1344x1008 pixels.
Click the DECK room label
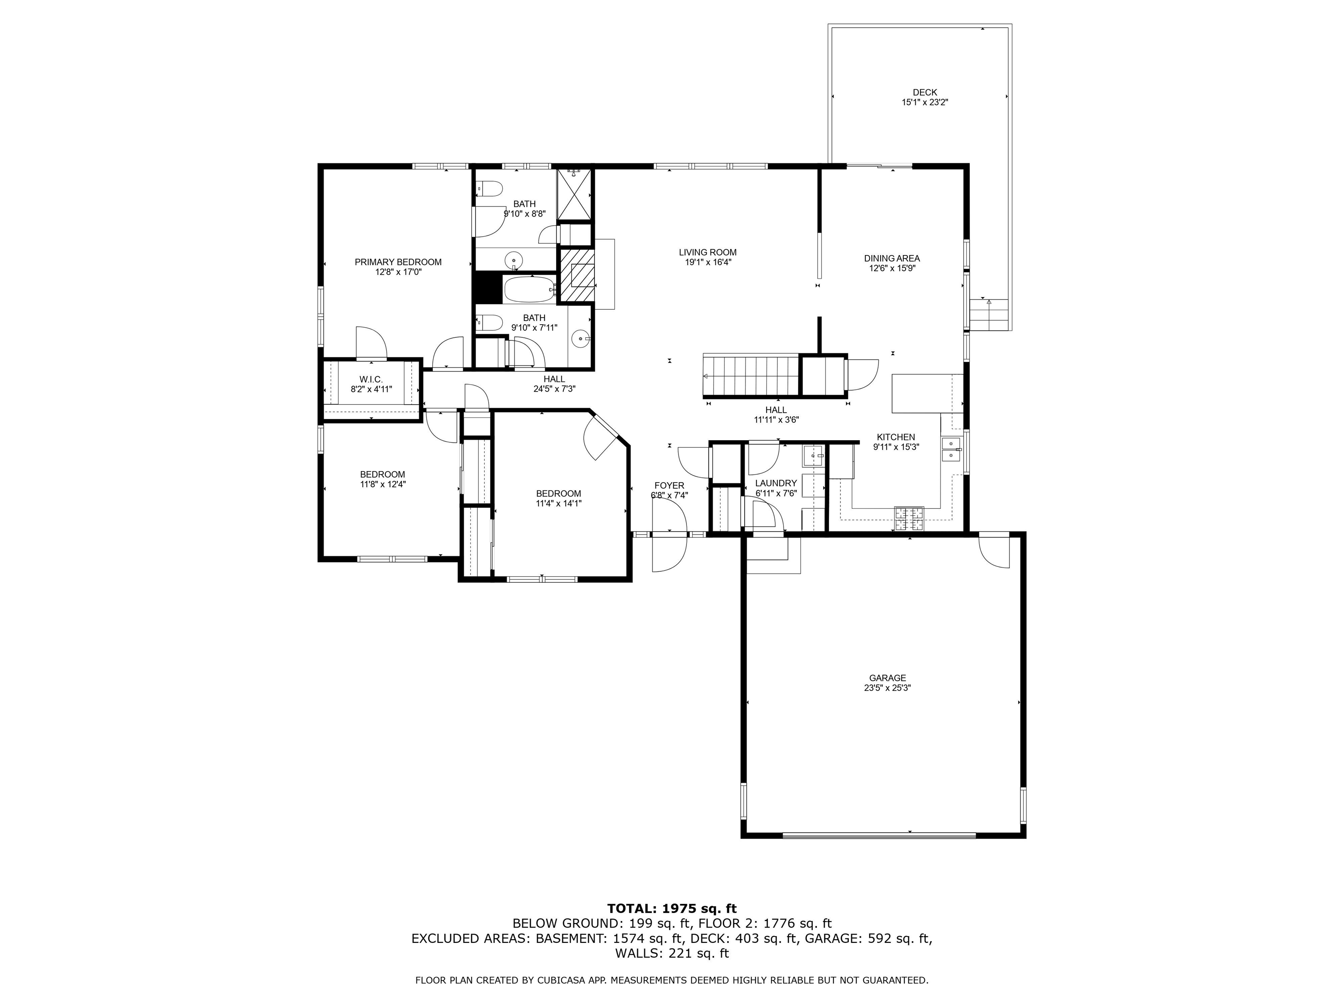pos(925,92)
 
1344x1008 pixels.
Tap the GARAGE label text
pos(887,678)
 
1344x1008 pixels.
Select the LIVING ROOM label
pos(708,252)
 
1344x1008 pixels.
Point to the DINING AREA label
pos(892,258)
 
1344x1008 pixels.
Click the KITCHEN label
pos(896,437)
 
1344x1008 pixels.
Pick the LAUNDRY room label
pos(776,483)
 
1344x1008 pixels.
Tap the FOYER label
pos(669,486)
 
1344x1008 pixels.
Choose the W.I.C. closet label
pos(371,379)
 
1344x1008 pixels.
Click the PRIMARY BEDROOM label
pos(398,262)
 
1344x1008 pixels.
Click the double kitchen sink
pos(951,450)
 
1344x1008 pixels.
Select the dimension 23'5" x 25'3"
pos(887,688)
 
